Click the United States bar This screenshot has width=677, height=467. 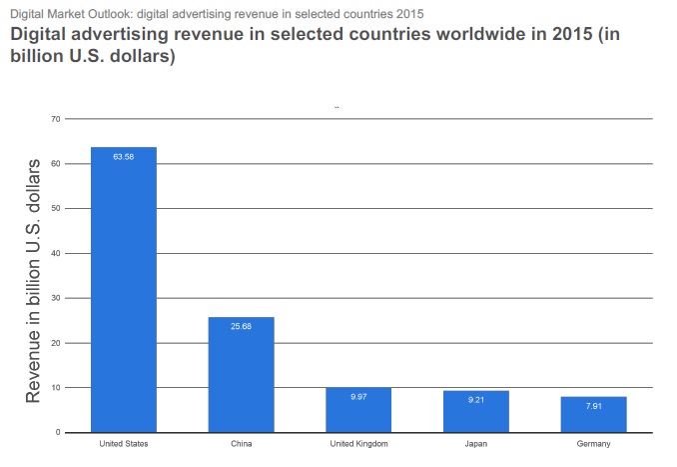coord(124,290)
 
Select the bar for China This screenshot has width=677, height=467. coord(241,375)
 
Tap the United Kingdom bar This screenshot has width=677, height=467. coord(358,410)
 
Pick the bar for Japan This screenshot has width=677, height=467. coord(476,411)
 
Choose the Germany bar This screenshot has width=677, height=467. coord(593,414)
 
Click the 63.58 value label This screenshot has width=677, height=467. coord(124,157)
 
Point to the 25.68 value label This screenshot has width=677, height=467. coord(241,327)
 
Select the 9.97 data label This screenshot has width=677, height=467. coord(358,397)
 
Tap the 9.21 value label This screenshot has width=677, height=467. coord(476,400)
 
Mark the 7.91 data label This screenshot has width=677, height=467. coord(593,406)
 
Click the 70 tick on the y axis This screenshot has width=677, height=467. coord(56,119)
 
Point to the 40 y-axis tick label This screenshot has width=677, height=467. coord(56,253)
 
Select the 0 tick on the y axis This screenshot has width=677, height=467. coord(58,432)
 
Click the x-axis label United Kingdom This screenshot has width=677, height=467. coord(358,443)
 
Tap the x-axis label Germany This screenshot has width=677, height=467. coord(593,443)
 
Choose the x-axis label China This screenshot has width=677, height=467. coord(241,443)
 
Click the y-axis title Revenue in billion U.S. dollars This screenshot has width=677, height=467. coord(33,279)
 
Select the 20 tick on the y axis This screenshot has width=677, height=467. coord(56,343)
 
